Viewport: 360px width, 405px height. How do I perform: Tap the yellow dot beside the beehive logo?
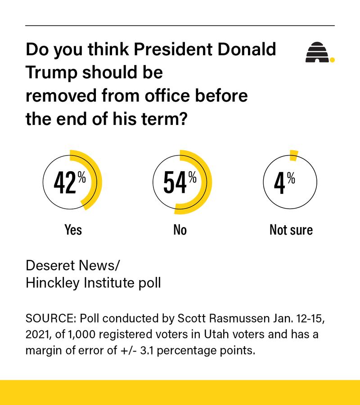pyautogui.click(x=332, y=59)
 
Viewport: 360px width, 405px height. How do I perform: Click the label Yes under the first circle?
pyautogui.click(x=73, y=230)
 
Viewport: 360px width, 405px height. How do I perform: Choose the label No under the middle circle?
pyautogui.click(x=180, y=230)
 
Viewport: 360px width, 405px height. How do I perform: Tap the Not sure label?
pyautogui.click(x=291, y=230)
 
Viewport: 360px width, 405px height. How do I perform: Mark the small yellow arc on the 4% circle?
pyautogui.click(x=293, y=155)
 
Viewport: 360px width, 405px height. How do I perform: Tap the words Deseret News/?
pyautogui.click(x=73, y=265)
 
